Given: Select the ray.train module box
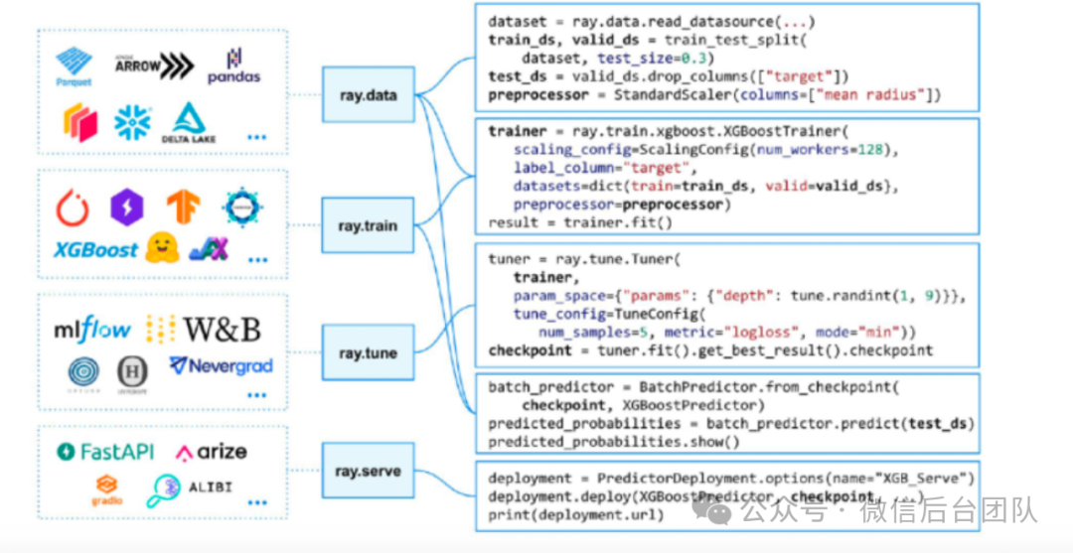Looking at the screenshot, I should pos(368,225).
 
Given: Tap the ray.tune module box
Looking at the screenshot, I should pos(368,352).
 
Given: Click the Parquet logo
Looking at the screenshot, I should pos(74,67).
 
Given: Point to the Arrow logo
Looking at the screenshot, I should pos(153,66).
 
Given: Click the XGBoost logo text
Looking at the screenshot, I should pos(95,250).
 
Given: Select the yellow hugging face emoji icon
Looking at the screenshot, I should pos(161,248).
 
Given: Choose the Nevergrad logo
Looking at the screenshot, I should pos(221,366).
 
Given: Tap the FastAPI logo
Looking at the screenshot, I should pos(106,452).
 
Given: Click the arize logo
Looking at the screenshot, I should pos(212,453).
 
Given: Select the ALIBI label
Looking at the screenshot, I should pos(211,489).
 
